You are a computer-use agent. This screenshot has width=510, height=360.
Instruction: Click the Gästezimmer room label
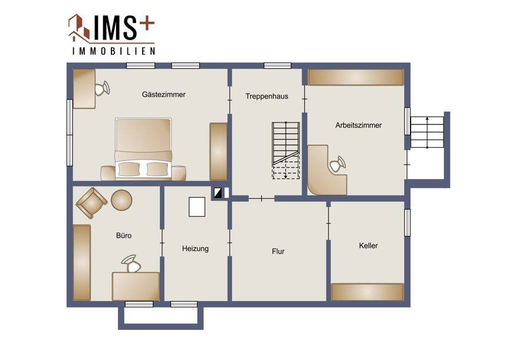point(163,94)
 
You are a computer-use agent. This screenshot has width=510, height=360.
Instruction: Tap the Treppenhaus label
point(266,96)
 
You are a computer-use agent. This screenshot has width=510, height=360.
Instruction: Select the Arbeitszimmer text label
point(358,125)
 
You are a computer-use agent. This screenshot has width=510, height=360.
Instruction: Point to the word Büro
point(124,235)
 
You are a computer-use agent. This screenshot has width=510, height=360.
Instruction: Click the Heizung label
point(195,249)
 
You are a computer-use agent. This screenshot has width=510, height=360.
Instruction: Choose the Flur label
point(278,252)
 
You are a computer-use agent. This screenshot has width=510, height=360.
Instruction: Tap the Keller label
point(368,246)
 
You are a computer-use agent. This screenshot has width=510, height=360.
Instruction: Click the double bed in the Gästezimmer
point(143,149)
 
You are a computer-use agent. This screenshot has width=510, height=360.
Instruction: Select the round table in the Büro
point(121,200)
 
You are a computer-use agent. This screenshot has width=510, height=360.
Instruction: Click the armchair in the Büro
point(91,203)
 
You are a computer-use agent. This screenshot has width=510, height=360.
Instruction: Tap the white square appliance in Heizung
point(197,207)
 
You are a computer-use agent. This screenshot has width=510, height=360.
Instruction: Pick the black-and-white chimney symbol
point(218,193)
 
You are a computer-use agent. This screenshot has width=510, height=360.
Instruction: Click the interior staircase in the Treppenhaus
point(285,150)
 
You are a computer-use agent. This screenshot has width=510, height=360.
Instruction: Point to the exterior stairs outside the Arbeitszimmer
point(427,132)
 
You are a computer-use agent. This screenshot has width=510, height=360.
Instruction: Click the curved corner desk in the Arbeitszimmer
point(326,171)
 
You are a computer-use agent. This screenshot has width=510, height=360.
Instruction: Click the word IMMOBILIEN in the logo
point(114,51)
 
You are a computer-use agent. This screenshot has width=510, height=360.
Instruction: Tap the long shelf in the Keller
point(367,292)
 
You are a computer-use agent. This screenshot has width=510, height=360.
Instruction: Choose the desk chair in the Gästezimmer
point(102,88)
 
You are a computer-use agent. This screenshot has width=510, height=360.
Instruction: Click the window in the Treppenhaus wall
point(278,66)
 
